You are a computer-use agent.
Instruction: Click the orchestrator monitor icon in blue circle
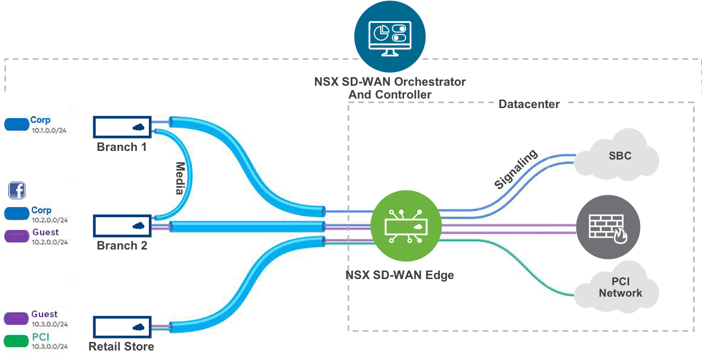pyautogui.click(x=390, y=37)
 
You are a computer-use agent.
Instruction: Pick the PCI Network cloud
pyautogui.click(x=617, y=287)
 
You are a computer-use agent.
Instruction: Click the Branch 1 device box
pyautogui.click(x=122, y=128)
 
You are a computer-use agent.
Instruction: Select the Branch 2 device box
pyautogui.click(x=122, y=226)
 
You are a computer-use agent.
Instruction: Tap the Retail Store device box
pyautogui.click(x=122, y=327)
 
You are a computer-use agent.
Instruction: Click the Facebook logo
pyautogui.click(x=17, y=190)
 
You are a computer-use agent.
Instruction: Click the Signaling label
pyautogui.click(x=515, y=170)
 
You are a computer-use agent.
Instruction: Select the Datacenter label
pyautogui.click(x=529, y=104)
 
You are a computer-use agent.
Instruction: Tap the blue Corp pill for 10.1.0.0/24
pyautogui.click(x=17, y=125)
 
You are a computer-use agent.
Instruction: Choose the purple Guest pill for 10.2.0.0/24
pyautogui.click(x=17, y=236)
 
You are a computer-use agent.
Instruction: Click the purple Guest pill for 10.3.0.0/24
pyautogui.click(x=17, y=318)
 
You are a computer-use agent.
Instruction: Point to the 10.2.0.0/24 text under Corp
pyautogui.click(x=49, y=220)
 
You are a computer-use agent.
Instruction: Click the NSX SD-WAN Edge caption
pyautogui.click(x=399, y=275)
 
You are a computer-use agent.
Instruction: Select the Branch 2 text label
pyautogui.click(x=122, y=246)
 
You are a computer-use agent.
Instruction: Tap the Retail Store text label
pyautogui.click(x=121, y=346)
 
